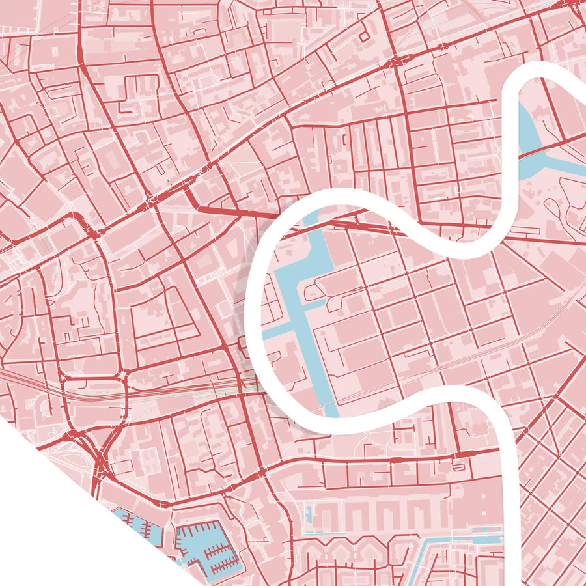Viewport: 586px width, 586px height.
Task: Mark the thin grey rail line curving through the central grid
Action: click(456, 365)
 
